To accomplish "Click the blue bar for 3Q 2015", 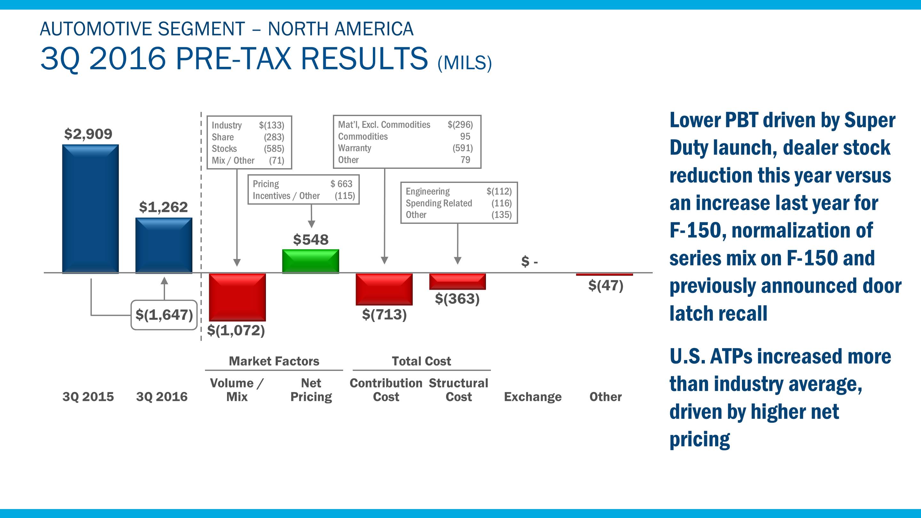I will click(90, 209).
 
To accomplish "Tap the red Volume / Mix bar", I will click(237, 297).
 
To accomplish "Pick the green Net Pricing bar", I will click(310, 261).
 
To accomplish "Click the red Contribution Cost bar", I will click(384, 289).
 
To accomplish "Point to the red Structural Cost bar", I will click(457, 281).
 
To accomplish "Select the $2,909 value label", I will click(88, 134).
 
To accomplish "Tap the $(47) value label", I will click(606, 286).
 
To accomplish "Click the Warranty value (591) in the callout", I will click(463, 148).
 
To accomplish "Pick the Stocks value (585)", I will click(274, 149).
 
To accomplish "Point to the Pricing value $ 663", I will click(341, 184).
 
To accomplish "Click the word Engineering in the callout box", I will click(428, 191).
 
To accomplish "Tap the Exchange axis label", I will click(532, 397).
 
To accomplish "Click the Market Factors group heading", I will click(274, 361).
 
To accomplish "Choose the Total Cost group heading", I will click(421, 361).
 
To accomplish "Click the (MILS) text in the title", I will click(464, 63).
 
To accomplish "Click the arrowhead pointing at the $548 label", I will click(311, 224).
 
